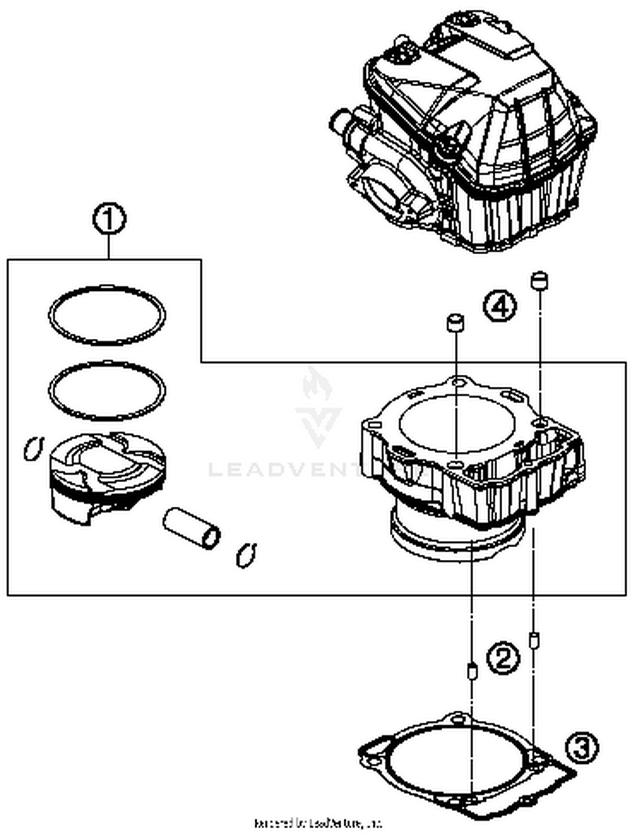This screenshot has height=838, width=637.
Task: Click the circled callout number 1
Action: [109, 220]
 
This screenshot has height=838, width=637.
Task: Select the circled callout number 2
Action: [502, 658]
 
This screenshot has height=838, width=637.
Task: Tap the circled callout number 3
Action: [582, 748]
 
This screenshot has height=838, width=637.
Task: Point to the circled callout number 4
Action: [500, 306]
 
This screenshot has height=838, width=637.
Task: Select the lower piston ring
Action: [107, 365]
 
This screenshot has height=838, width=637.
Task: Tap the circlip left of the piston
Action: [33, 448]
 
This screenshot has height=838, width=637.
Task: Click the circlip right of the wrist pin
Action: [246, 555]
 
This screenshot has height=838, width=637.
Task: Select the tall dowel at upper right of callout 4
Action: [539, 280]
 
